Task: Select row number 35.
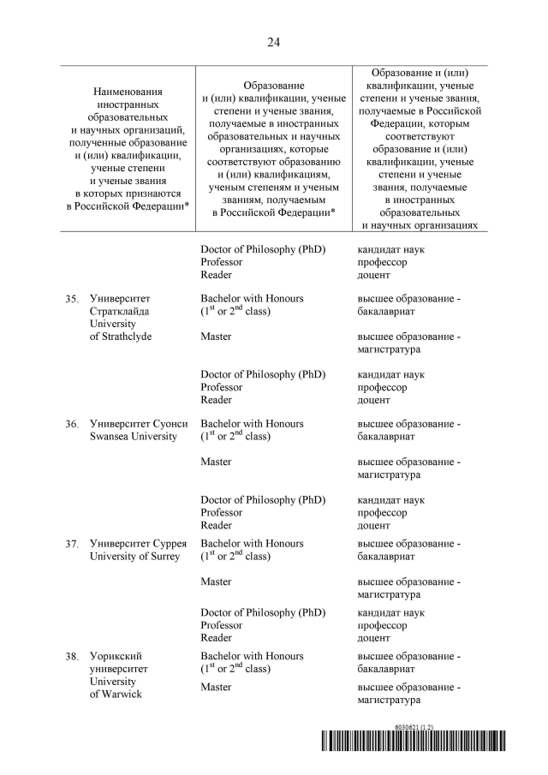tap(72, 299)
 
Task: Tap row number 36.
tap(72, 424)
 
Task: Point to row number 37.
tap(72, 544)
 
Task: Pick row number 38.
tap(72, 657)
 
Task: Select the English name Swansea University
tap(134, 436)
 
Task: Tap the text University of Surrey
tap(135, 557)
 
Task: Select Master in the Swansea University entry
tap(216, 462)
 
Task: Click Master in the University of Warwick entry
tap(216, 687)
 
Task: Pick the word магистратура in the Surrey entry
tap(389, 594)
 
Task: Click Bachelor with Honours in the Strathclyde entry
tap(252, 298)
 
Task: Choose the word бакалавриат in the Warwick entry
tap(386, 669)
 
